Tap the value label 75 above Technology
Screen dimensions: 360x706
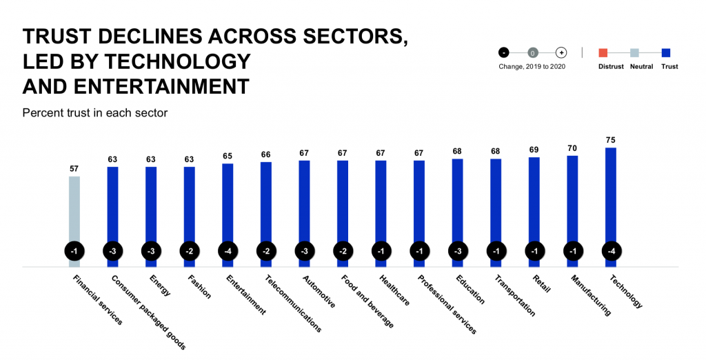[610, 140]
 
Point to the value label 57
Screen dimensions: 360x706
[74, 168]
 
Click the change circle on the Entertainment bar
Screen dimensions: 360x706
[228, 251]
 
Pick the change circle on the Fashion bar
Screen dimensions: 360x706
[190, 251]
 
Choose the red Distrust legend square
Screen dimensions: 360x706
[603, 52]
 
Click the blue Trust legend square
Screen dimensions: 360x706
[666, 52]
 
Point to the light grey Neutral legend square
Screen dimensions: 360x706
[634, 52]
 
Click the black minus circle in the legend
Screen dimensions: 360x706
[504, 52]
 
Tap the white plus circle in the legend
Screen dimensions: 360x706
[561, 52]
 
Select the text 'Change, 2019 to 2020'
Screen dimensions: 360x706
[532, 67]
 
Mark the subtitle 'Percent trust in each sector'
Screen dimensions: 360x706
[94, 112]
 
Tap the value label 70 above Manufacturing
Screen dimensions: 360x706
[572, 148]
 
